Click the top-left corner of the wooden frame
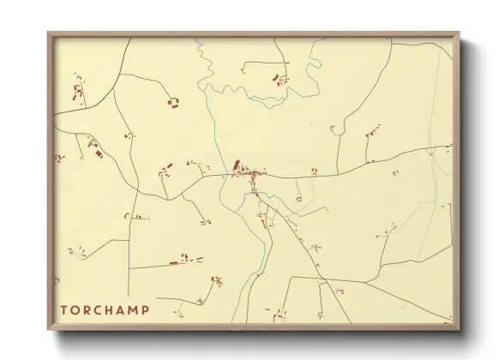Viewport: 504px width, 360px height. point(48,33)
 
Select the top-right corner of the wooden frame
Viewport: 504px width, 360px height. point(460,33)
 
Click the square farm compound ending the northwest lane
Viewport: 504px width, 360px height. point(173,104)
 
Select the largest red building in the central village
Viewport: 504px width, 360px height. point(237,165)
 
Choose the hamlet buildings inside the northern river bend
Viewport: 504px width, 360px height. point(279,79)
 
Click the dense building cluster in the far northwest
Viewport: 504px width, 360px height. point(78,91)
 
